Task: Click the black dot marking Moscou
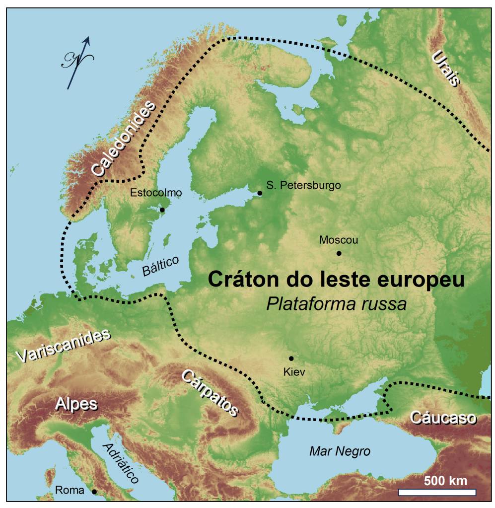pos(339,253)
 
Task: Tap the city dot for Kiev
pos(291,358)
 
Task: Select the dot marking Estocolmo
pos(162,210)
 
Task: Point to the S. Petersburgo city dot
pos(259,193)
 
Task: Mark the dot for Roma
pos(94,492)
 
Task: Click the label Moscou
pos(339,240)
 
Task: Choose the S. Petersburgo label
pos(303,186)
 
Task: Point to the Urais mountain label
pos(446,68)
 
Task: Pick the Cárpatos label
pos(209,392)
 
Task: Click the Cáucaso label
pos(443,418)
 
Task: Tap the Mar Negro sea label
pos(340,451)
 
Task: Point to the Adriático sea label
pos(120,463)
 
